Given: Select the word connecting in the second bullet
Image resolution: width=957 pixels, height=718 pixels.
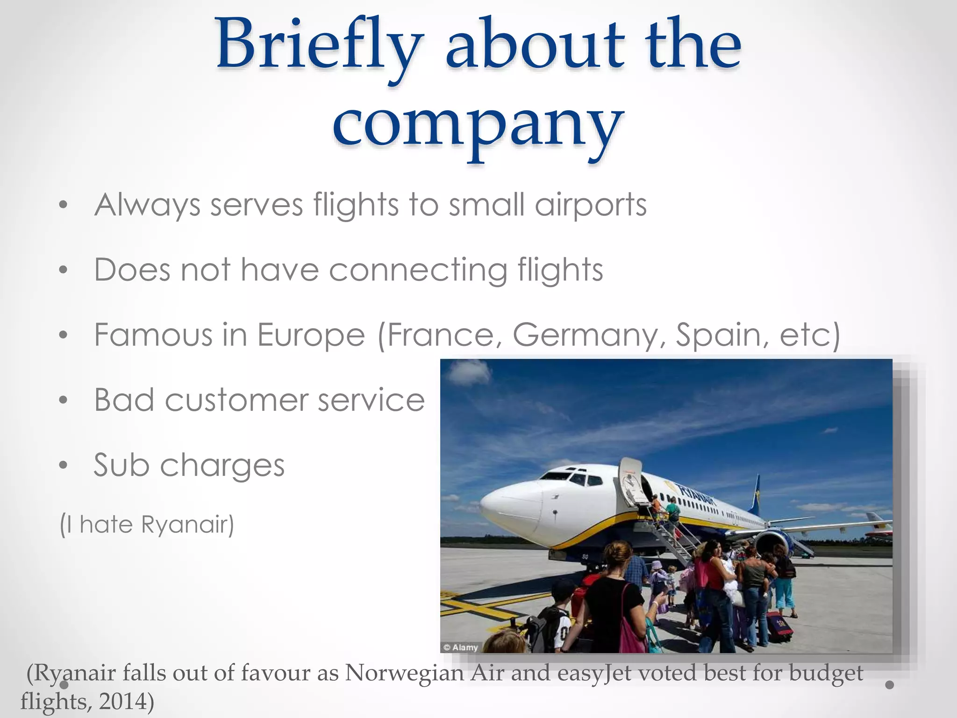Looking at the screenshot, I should pyautogui.click(x=418, y=271).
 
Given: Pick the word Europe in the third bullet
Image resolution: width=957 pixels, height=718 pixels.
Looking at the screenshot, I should pyautogui.click(x=311, y=335).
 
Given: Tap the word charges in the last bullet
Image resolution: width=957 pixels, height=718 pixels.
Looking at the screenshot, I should pyautogui.click(x=222, y=466).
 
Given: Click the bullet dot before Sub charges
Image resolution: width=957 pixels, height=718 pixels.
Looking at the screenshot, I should pyautogui.click(x=64, y=465).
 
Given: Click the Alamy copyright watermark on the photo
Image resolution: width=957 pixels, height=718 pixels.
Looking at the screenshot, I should pyautogui.click(x=461, y=647).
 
